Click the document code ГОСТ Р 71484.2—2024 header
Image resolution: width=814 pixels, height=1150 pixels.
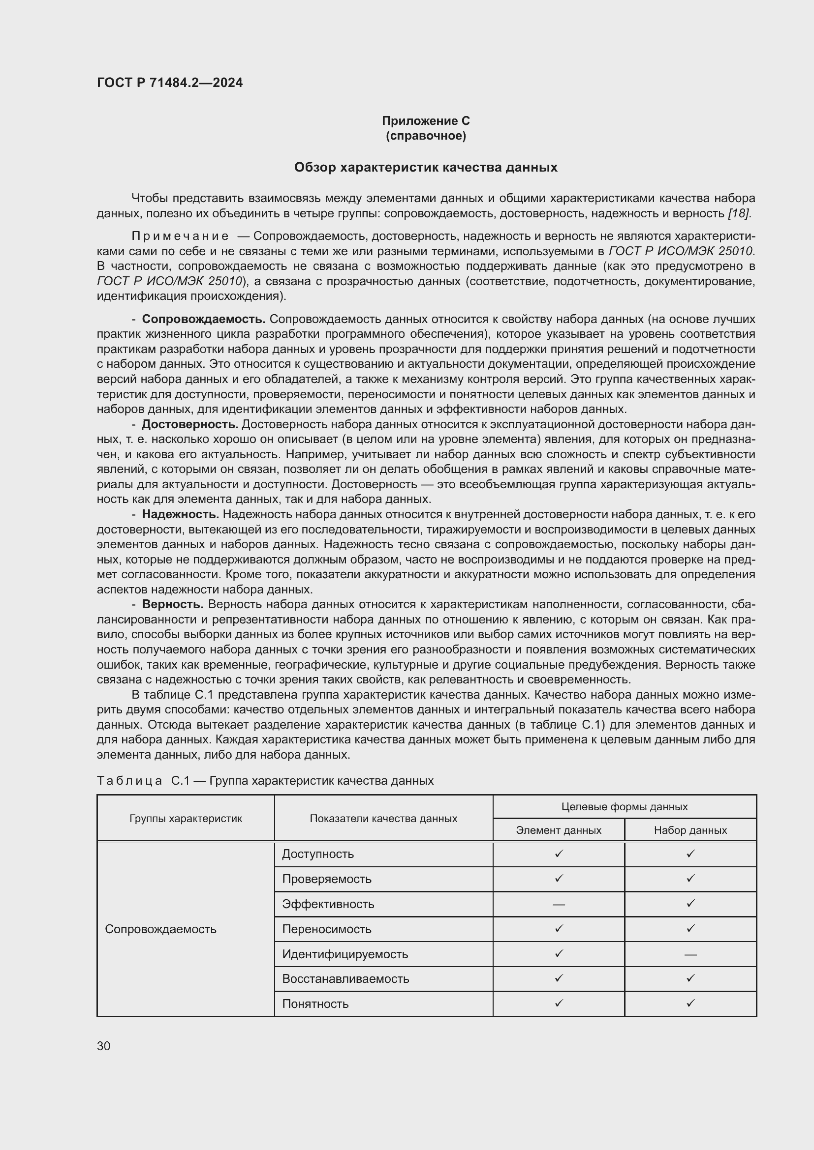169,83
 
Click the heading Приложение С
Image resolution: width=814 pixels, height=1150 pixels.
426,121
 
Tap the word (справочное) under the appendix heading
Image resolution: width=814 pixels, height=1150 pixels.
426,136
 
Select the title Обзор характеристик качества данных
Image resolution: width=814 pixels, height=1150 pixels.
426,167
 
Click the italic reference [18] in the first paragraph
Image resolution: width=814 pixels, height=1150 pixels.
739,213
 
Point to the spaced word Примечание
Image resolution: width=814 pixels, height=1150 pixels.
180,236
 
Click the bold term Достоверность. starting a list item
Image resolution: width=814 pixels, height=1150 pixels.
190,424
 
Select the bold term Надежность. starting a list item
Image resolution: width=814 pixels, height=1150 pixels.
181,514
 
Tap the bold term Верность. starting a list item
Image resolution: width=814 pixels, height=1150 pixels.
172,605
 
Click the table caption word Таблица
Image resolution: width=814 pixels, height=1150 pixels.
129,781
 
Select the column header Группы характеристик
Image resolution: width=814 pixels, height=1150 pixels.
186,819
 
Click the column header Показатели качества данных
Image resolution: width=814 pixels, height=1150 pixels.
383,819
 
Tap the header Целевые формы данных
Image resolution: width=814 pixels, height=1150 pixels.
624,807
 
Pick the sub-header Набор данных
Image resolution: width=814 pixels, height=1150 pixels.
690,830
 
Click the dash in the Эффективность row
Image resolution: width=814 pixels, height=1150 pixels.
559,905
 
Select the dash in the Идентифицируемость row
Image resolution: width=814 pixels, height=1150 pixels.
690,955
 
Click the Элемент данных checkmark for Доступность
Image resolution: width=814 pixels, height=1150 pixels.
559,854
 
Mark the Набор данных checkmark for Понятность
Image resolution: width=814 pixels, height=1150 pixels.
690,1003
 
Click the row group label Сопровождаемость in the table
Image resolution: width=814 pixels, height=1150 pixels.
160,929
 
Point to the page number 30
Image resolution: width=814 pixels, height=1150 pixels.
104,1046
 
